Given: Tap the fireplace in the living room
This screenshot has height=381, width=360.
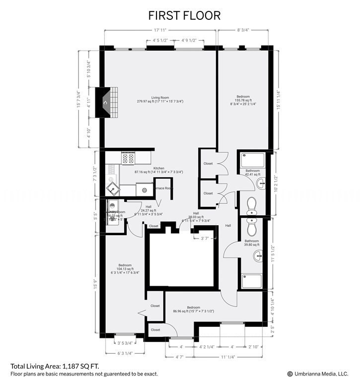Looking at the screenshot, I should click(106, 102).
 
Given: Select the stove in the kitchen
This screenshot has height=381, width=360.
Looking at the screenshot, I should click(128, 158).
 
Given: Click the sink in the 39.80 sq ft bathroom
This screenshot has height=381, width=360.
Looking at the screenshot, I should click(258, 256).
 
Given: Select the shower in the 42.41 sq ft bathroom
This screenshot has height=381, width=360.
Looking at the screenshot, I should click(253, 160).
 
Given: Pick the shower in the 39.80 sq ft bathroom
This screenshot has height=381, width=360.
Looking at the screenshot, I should click(254, 281).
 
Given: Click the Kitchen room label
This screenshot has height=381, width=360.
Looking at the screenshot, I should click(159, 168).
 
